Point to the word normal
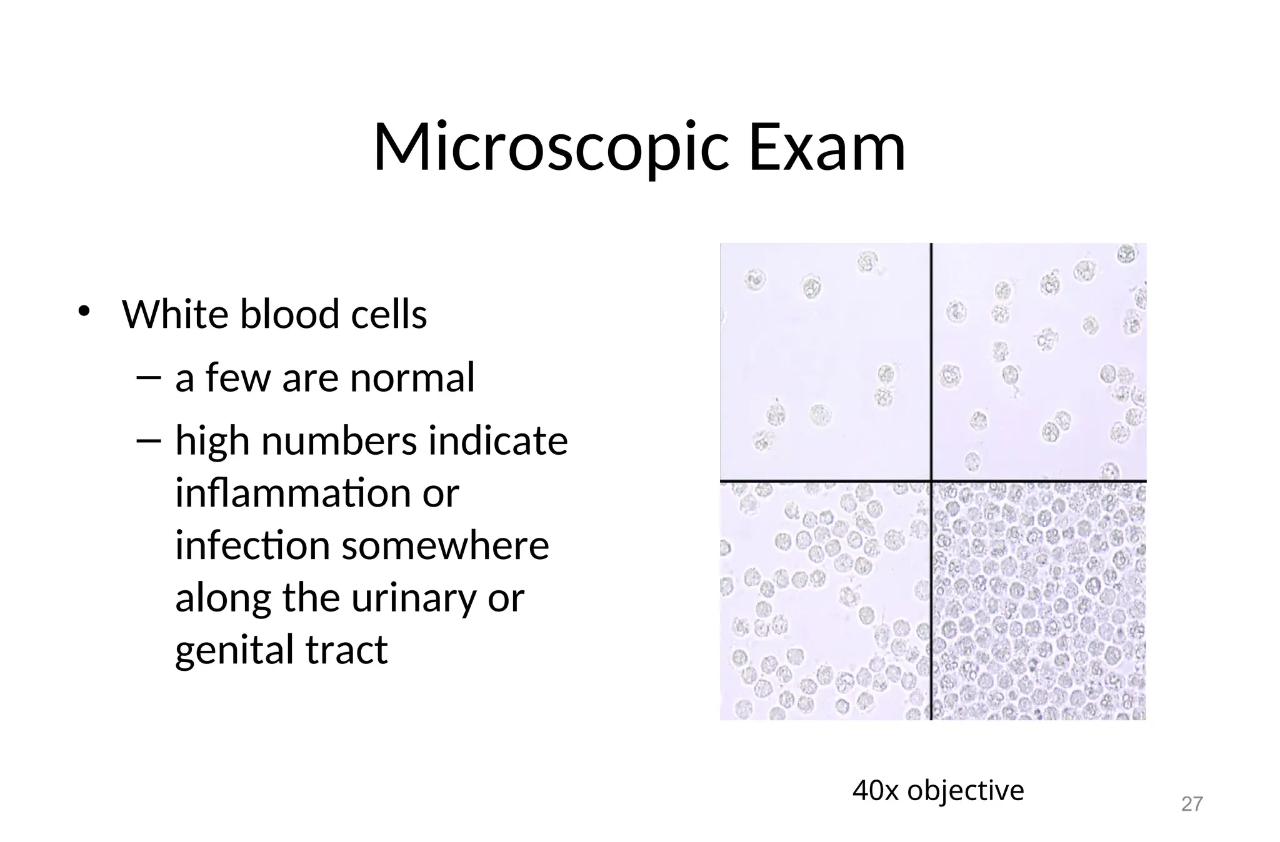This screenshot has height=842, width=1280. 412,378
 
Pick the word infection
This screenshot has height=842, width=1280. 252,545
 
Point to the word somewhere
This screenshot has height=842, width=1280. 445,545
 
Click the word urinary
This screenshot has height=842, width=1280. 413,598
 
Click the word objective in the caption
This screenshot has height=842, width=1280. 966,791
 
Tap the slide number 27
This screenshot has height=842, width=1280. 1191,804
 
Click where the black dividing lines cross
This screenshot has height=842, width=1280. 931,481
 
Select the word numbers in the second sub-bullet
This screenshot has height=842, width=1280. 338,441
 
